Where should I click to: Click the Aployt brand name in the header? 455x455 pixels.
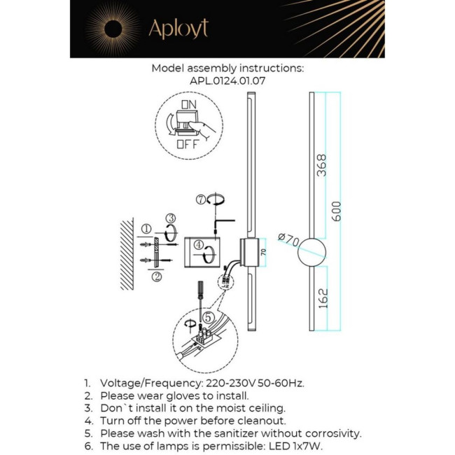coord(178,29)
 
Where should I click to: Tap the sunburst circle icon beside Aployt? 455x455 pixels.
coord(112,29)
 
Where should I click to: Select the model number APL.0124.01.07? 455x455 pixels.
coord(227,80)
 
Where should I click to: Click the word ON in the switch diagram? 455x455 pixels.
coord(188,104)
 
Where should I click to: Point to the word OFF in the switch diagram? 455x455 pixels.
coord(187,145)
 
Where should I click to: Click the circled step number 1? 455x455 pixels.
coord(146,229)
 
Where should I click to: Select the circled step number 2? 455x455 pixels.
coord(157,276)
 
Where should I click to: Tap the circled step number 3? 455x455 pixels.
coord(170,218)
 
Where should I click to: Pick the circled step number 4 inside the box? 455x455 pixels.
coord(199,246)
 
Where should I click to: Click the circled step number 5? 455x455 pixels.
coord(208,317)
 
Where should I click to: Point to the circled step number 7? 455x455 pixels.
coord(202,200)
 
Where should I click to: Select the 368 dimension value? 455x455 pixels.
coord(321,165)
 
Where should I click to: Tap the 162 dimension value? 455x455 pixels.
coord(321,297)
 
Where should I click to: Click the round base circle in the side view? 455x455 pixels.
coord(312,253)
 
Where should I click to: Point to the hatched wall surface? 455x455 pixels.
coord(127,255)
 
